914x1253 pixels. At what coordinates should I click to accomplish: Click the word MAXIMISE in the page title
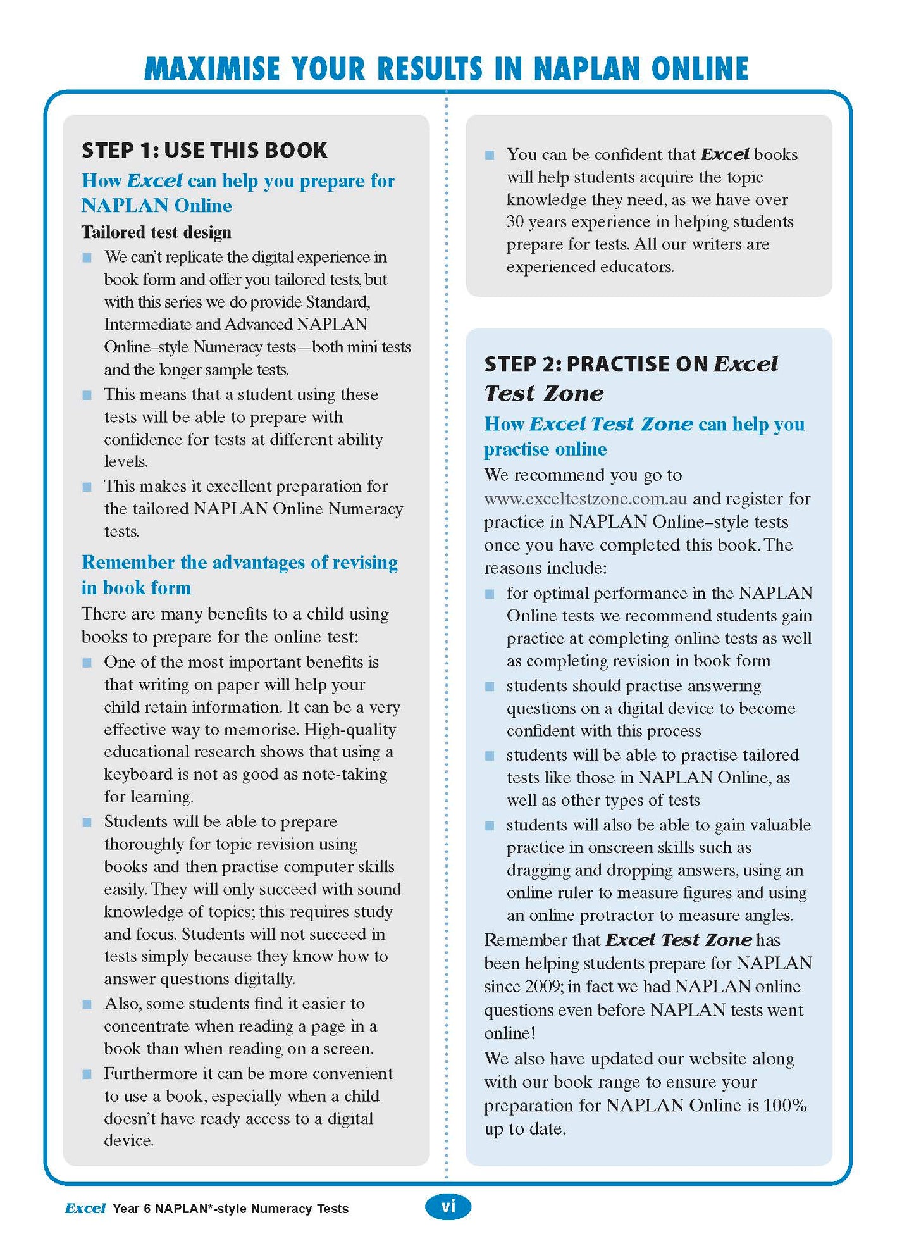[212, 68]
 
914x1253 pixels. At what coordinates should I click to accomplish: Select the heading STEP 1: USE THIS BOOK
[204, 151]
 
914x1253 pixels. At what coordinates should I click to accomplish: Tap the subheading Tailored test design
[156, 232]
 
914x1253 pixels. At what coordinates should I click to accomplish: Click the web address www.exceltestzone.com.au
[585, 499]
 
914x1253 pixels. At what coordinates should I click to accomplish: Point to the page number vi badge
[448, 1207]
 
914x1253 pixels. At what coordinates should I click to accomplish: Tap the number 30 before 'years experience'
[515, 222]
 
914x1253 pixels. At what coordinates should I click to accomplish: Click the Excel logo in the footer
[85, 1208]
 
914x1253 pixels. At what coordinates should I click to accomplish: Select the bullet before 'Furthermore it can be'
[87, 1074]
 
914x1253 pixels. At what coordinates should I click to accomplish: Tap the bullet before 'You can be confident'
[490, 155]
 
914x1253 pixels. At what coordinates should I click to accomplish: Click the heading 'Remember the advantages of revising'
[240, 563]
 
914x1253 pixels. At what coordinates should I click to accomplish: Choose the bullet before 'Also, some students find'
[87, 1004]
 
